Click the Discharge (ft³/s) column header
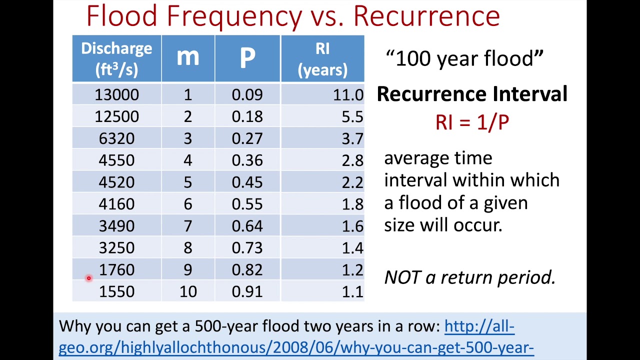point(116,58)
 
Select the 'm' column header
point(187,58)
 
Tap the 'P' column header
point(247,58)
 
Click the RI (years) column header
point(322,58)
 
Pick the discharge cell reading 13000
point(116,95)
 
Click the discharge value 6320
point(116,138)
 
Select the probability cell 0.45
point(247,182)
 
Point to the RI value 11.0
point(348,95)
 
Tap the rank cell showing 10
point(187,291)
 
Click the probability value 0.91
point(247,291)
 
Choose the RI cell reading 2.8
point(352,160)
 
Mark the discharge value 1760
point(116,270)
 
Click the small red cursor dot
point(88,278)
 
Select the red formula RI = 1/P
point(472,122)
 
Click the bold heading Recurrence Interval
point(471,94)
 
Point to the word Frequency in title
point(234,16)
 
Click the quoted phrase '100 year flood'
point(464,58)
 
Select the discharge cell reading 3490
point(116,226)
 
